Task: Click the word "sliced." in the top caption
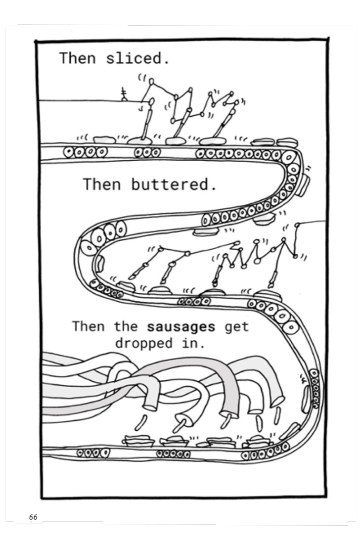(137, 58)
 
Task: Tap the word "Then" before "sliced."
(77, 58)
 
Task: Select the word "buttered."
(174, 184)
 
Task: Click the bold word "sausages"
(180, 327)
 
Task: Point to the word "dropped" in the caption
(143, 344)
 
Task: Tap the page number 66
(33, 517)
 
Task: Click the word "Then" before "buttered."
(101, 184)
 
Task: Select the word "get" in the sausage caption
(236, 327)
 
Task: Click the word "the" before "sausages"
(126, 326)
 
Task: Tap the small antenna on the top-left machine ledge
(123, 94)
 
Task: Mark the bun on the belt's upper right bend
(303, 185)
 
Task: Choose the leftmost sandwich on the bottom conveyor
(137, 440)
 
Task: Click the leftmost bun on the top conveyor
(104, 139)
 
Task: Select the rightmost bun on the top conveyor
(287, 142)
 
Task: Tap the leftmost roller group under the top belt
(86, 152)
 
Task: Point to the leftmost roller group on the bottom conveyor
(93, 453)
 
